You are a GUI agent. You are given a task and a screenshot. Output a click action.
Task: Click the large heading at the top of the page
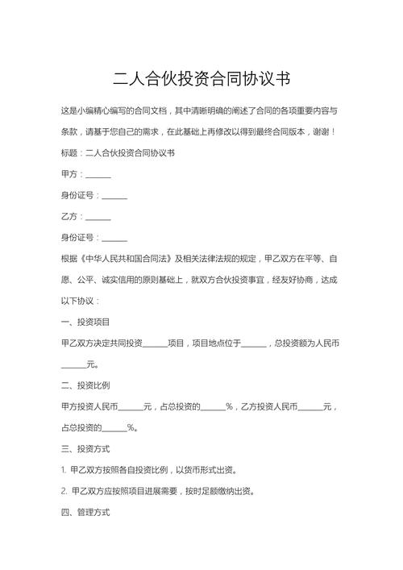(201, 79)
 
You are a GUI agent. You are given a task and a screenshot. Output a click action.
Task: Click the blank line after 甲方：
(98, 175)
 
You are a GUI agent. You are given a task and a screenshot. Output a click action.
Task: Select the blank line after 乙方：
(98, 218)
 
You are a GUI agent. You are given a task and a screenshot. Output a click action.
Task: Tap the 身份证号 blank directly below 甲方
(114, 196)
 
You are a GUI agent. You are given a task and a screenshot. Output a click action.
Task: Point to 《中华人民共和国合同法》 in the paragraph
(122, 259)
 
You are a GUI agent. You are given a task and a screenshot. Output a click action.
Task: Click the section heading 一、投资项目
(85, 322)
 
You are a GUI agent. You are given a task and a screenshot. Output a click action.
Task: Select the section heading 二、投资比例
(85, 385)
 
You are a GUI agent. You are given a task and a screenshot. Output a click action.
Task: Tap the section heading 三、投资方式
(85, 448)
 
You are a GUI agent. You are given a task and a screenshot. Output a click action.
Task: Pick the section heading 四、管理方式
(85, 511)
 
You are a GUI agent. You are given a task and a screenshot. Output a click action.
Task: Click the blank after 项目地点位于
(254, 343)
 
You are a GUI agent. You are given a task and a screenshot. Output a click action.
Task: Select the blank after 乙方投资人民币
(310, 406)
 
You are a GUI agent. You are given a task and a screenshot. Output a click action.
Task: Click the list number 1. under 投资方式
(64, 469)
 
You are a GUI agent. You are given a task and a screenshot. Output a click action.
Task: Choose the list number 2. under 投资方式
(64, 490)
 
